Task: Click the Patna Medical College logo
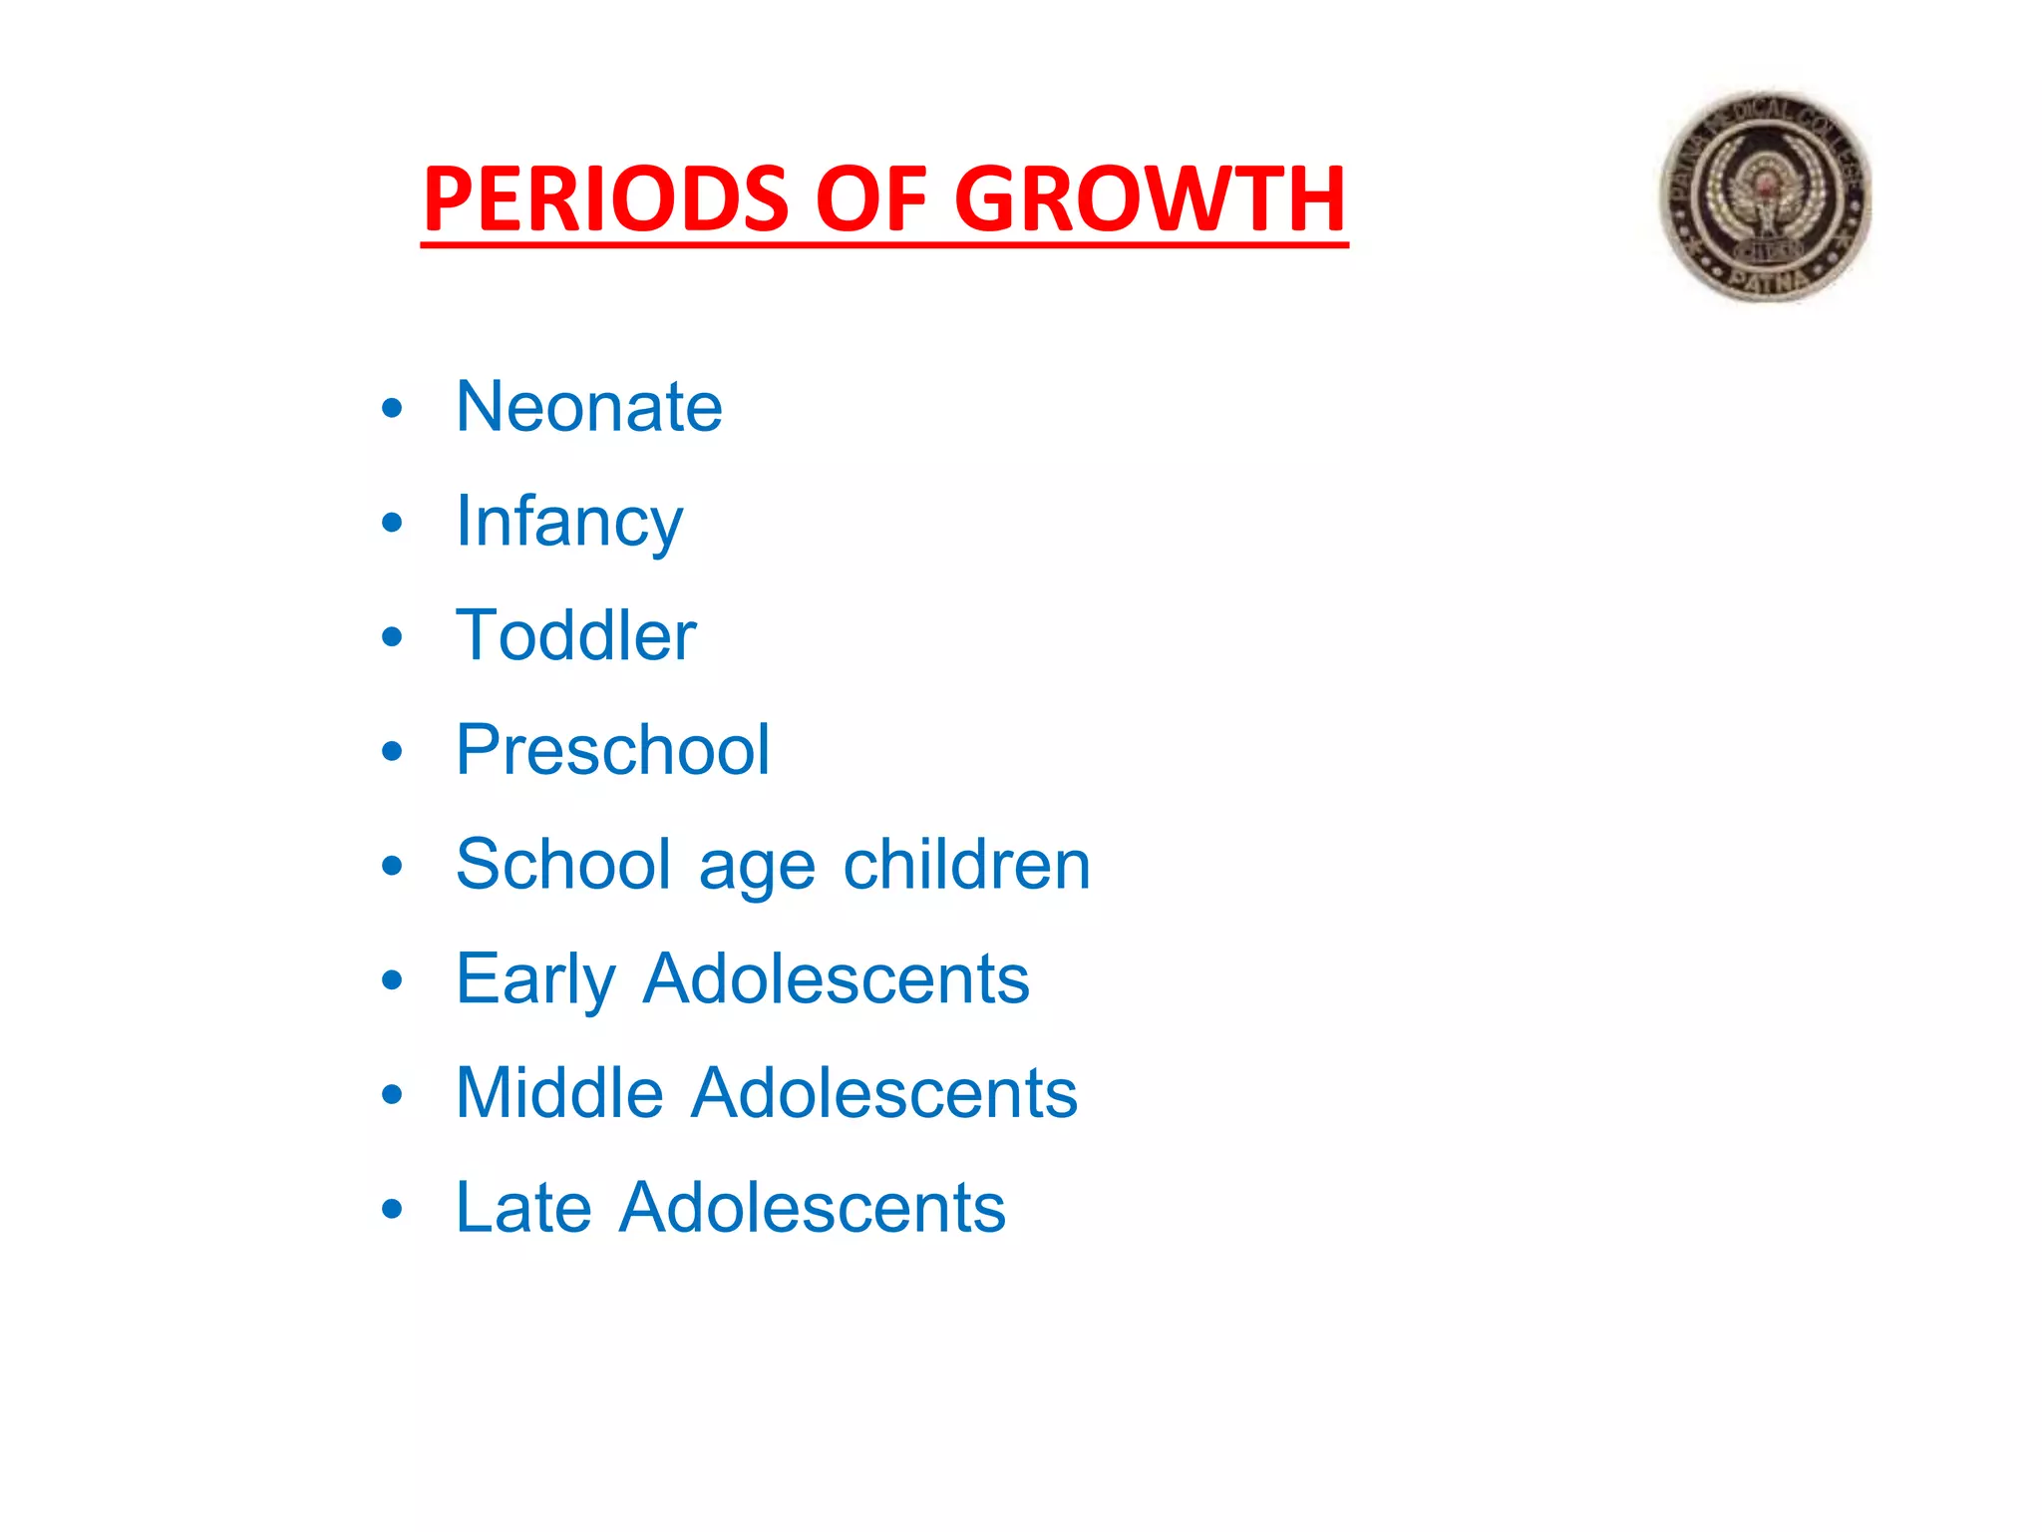(x=1765, y=197)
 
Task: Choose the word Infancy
(x=569, y=522)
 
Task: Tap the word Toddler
(x=575, y=635)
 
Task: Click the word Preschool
(x=612, y=750)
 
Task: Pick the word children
(x=966, y=864)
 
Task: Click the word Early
(x=535, y=978)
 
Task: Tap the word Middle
(x=559, y=1093)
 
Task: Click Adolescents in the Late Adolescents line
(x=812, y=1208)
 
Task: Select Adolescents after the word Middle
(x=884, y=1093)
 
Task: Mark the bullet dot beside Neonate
(x=392, y=408)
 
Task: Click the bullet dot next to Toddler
(x=392, y=637)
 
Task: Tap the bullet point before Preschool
(x=392, y=752)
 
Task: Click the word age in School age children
(x=757, y=866)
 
